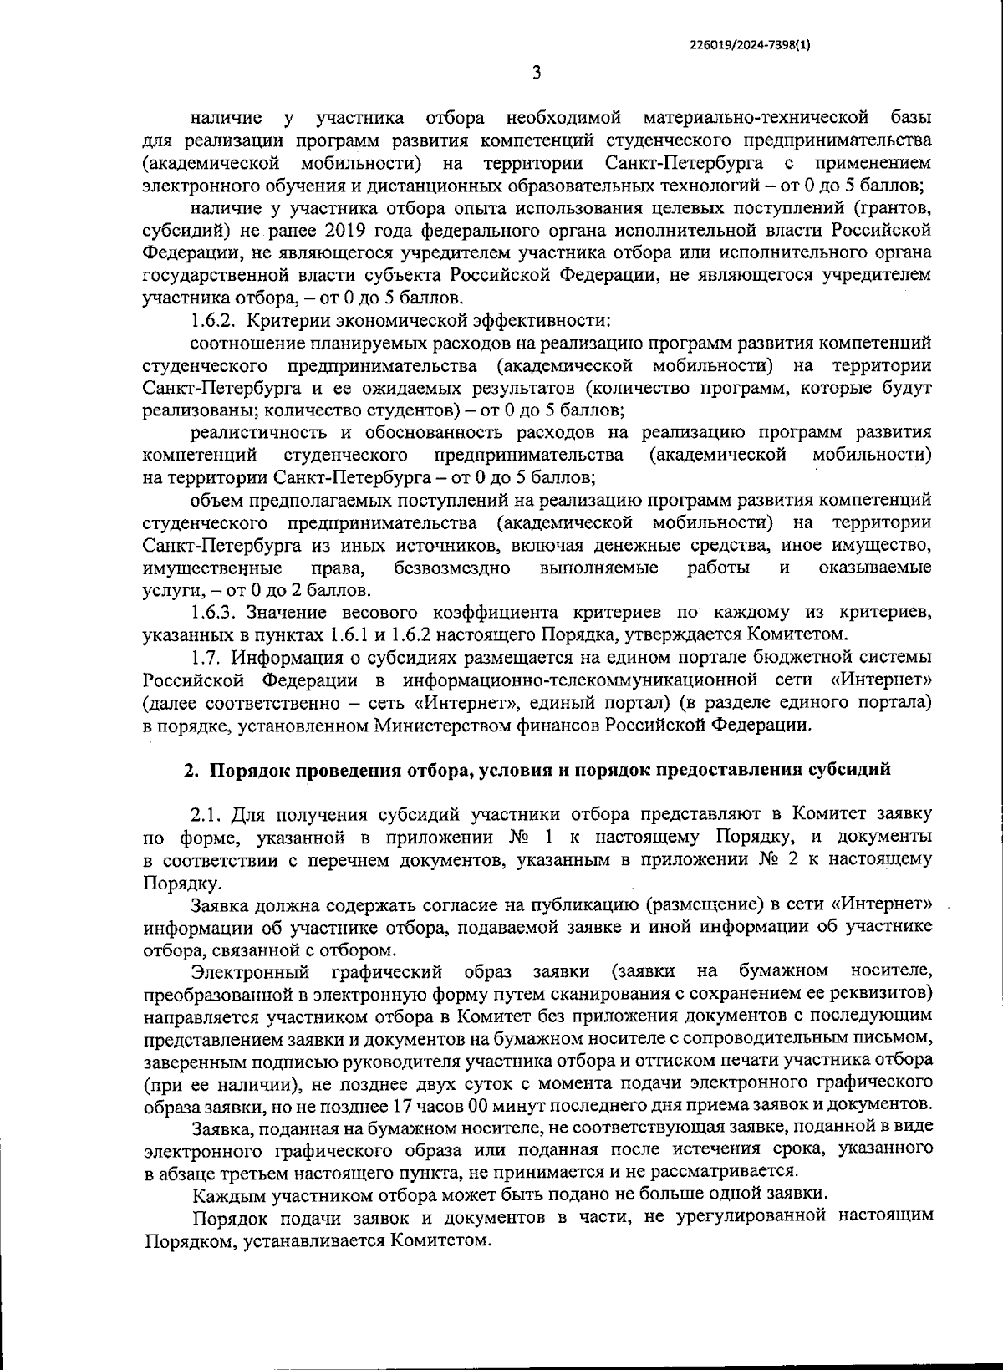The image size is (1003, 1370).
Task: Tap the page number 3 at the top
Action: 537,74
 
